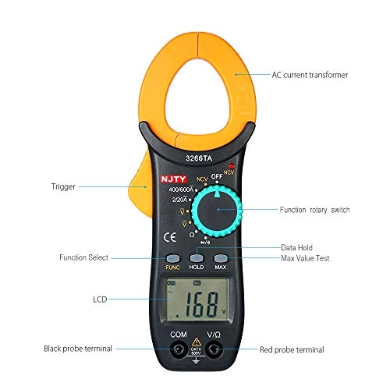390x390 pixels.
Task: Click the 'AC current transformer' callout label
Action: pos(310,75)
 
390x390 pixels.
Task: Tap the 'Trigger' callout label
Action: pos(63,186)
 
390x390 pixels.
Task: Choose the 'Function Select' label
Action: pos(83,257)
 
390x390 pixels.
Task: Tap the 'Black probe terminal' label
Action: pos(78,349)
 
